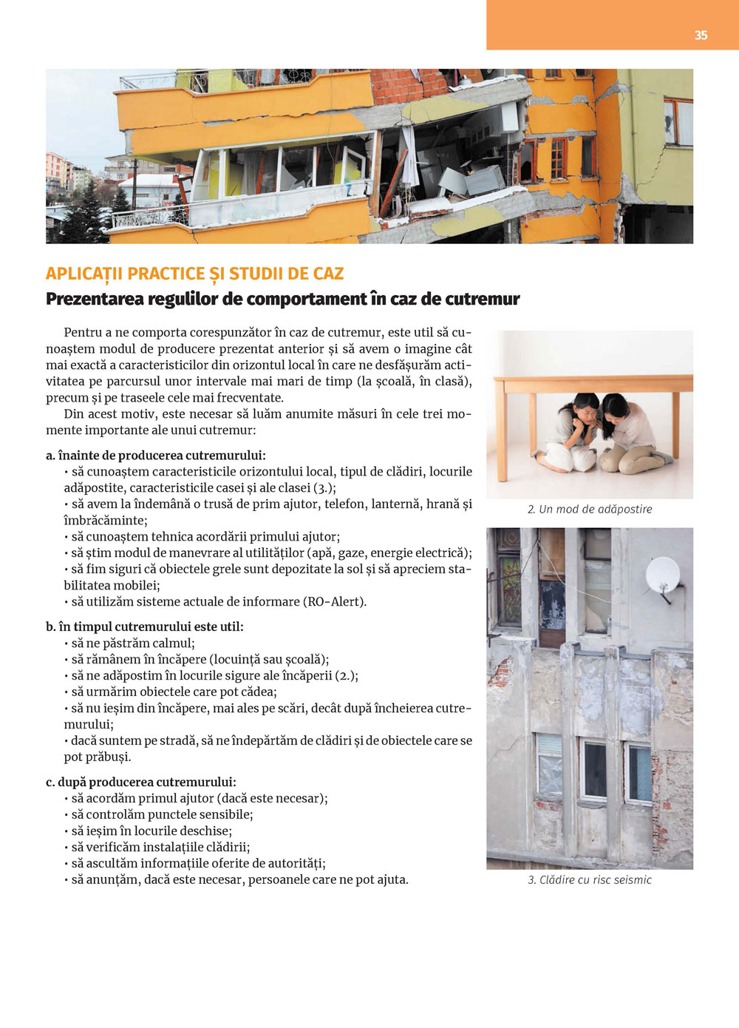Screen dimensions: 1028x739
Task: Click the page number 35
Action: [701, 35]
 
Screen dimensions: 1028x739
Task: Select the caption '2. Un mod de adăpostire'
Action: [590, 509]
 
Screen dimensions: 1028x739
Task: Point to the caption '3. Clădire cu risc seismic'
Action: [590, 879]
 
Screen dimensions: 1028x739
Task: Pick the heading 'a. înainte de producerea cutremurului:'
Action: [156, 456]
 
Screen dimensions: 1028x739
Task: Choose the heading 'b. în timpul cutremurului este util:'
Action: [145, 626]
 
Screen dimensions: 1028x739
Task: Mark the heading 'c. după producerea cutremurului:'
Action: [141, 782]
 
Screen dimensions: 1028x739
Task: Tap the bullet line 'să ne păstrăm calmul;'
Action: [133, 643]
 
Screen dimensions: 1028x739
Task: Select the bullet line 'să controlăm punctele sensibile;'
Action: [162, 814]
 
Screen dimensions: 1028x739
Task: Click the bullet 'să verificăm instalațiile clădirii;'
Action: [160, 847]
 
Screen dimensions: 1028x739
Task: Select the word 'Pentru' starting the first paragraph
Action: [83, 332]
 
